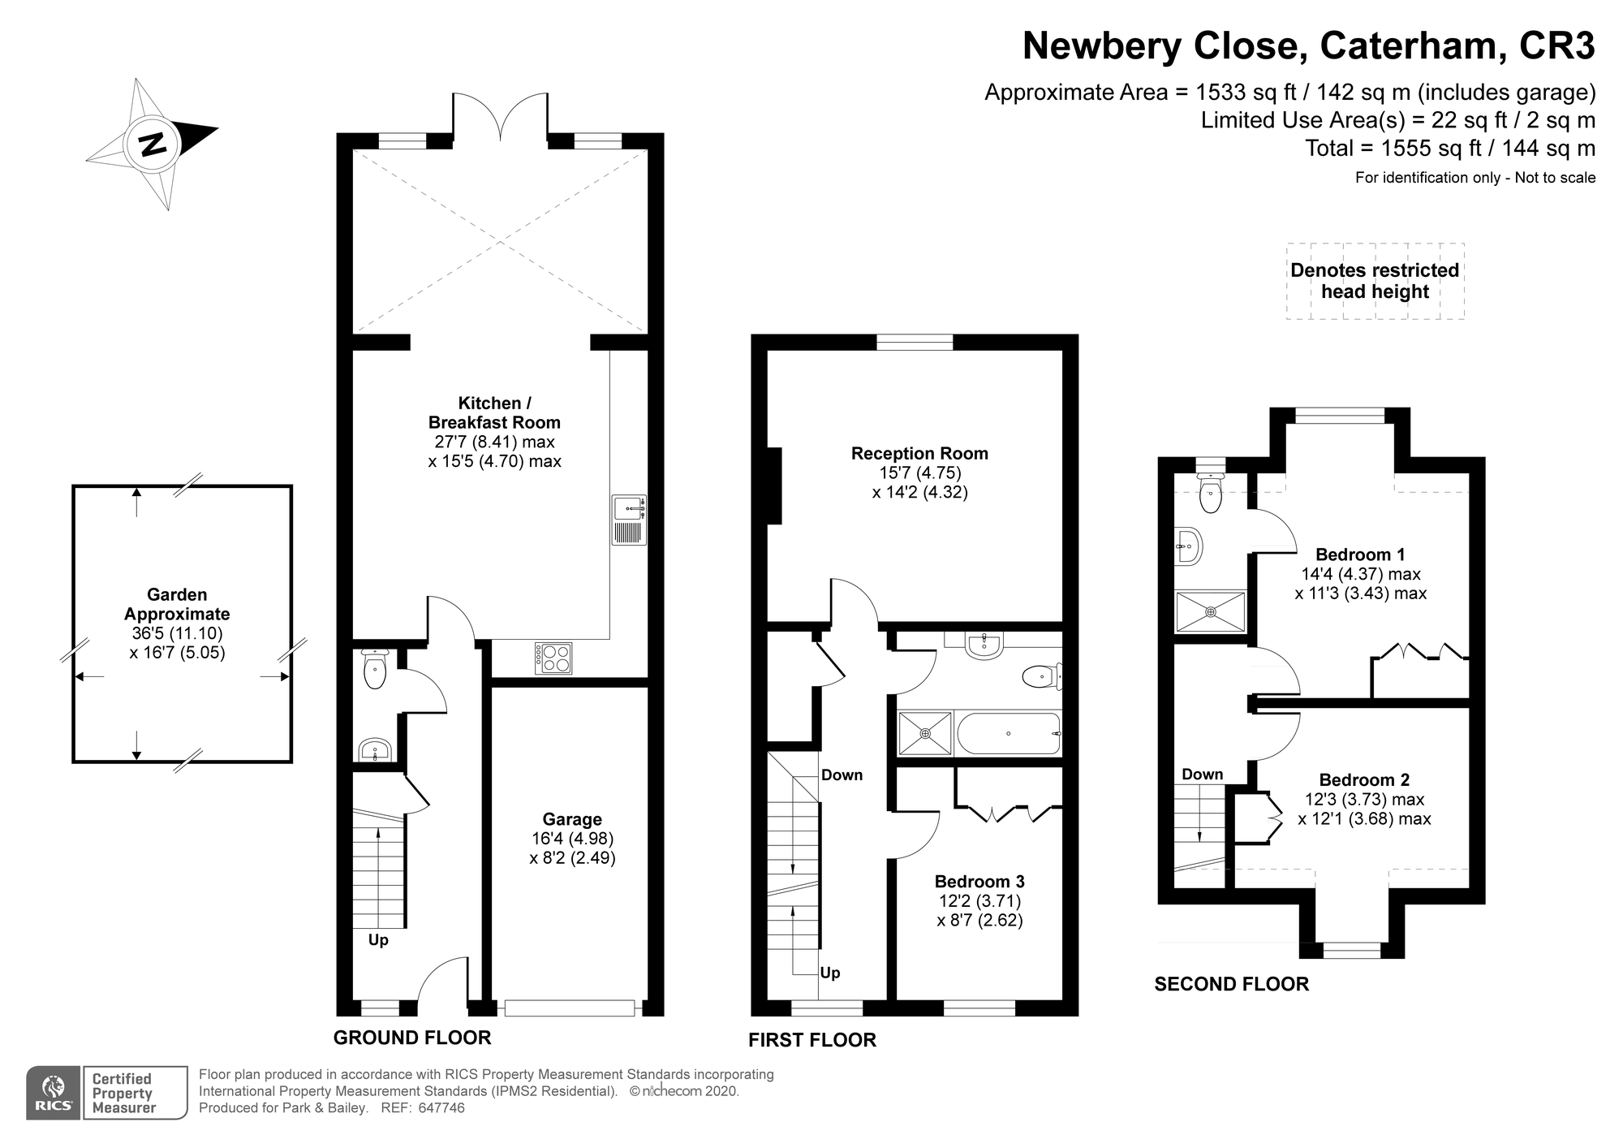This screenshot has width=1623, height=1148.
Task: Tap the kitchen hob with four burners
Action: pyautogui.click(x=553, y=658)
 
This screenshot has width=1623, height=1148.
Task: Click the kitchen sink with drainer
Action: pyautogui.click(x=630, y=520)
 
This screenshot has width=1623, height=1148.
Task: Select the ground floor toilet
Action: pyautogui.click(x=374, y=668)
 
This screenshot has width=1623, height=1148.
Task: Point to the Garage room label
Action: pyautogui.click(x=572, y=819)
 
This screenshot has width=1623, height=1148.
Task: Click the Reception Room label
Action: pyautogui.click(x=919, y=453)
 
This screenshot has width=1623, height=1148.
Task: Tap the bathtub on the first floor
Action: pyautogui.click(x=1009, y=733)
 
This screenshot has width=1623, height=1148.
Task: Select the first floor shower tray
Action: pyautogui.click(x=925, y=733)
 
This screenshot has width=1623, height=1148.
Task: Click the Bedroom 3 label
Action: pyautogui.click(x=979, y=882)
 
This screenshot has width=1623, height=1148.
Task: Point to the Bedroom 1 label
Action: pyautogui.click(x=1360, y=555)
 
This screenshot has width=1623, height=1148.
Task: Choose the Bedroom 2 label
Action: pyautogui.click(x=1364, y=779)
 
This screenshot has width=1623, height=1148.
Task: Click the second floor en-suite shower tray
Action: pyautogui.click(x=1210, y=611)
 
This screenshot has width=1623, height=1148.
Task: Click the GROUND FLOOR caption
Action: pyautogui.click(x=412, y=1038)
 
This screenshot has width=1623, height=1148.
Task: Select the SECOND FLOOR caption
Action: pyautogui.click(x=1232, y=984)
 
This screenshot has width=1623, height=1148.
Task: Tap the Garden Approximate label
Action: pyautogui.click(x=177, y=604)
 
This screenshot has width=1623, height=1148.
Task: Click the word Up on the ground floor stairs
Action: pyautogui.click(x=378, y=940)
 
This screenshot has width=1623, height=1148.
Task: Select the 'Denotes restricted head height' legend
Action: pyautogui.click(x=1375, y=281)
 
